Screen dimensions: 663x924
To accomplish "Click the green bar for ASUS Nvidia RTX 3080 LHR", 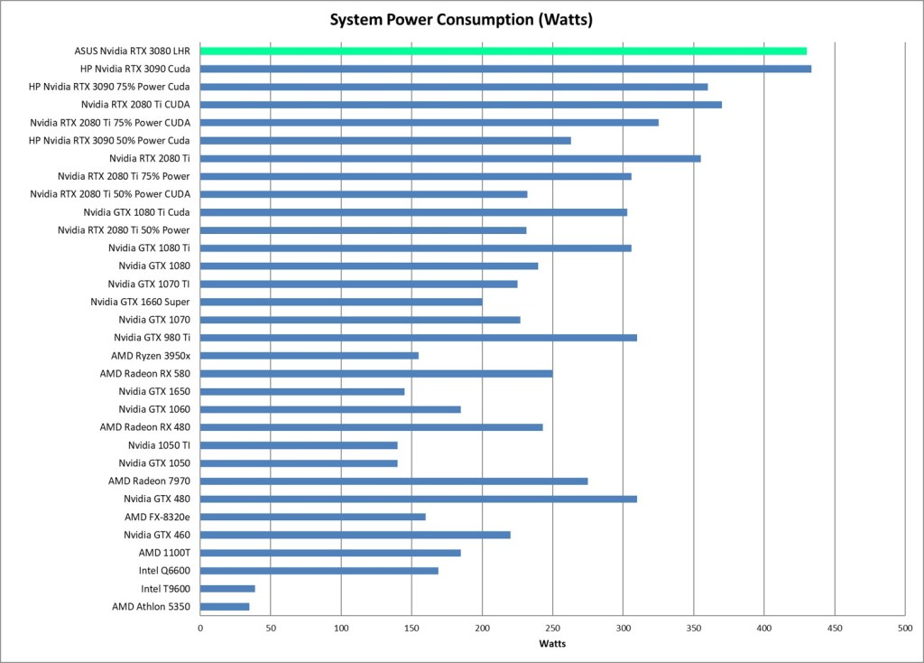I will (x=503, y=51).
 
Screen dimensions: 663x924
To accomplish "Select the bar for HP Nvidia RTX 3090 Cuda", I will (x=505, y=69).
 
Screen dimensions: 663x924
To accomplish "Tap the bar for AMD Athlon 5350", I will (x=225, y=606).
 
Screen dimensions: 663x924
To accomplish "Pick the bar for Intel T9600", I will (x=227, y=588).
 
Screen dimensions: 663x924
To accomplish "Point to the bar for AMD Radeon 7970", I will (x=393, y=481).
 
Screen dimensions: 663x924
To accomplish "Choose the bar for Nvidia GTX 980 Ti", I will (x=419, y=338).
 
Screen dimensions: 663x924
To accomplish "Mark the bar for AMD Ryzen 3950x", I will (x=310, y=355).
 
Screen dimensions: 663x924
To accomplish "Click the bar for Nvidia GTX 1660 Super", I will (x=341, y=302).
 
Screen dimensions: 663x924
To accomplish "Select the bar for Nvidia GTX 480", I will (x=419, y=499).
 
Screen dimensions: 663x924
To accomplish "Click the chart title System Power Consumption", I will (x=461, y=19).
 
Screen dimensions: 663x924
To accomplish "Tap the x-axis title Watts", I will (x=552, y=643).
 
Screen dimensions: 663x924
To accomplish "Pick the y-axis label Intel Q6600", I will (x=164, y=570).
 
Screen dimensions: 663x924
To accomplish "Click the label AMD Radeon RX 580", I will (x=144, y=373).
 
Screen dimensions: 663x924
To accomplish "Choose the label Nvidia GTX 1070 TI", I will (x=149, y=284).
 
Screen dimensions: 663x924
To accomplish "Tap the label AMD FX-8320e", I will (x=157, y=517).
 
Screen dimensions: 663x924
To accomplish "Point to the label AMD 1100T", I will (x=164, y=552).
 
